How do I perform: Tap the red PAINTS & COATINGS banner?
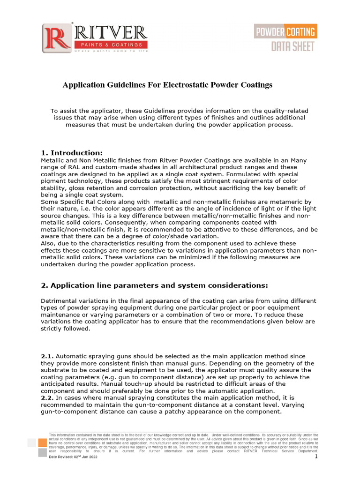(x=111, y=45)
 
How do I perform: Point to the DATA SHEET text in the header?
(x=293, y=46)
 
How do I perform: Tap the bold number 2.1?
(x=47, y=356)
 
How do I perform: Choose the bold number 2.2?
(x=47, y=398)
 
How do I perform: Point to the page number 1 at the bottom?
(x=316, y=457)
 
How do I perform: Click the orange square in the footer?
(x=42, y=442)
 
